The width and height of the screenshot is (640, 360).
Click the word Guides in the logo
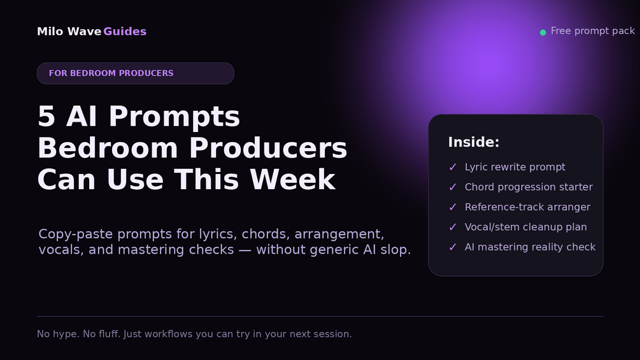coord(125,31)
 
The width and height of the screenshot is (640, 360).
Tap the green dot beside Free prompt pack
coord(543,32)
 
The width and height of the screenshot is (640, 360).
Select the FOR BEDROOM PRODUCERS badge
coord(136,73)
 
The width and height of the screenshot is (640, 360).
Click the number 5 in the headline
coord(46,117)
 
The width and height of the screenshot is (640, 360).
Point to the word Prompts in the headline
coord(174,117)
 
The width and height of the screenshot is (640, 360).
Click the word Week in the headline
coord(293,180)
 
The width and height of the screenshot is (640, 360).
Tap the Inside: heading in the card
coord(473,142)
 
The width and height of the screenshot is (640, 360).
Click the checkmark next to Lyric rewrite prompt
coord(453,167)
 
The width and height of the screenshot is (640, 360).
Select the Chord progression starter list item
coord(529,187)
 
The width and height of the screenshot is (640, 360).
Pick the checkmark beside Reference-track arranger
coord(453,207)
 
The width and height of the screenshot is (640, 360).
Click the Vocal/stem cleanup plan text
coord(526,227)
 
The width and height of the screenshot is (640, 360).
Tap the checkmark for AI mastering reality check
coord(453,247)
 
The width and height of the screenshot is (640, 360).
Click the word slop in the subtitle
coord(395,250)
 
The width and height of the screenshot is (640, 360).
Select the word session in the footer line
coord(336,335)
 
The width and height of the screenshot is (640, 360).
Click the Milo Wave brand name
coord(69,31)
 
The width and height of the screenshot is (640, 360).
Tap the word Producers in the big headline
coord(268,148)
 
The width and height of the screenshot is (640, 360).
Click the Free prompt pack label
coord(593,31)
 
